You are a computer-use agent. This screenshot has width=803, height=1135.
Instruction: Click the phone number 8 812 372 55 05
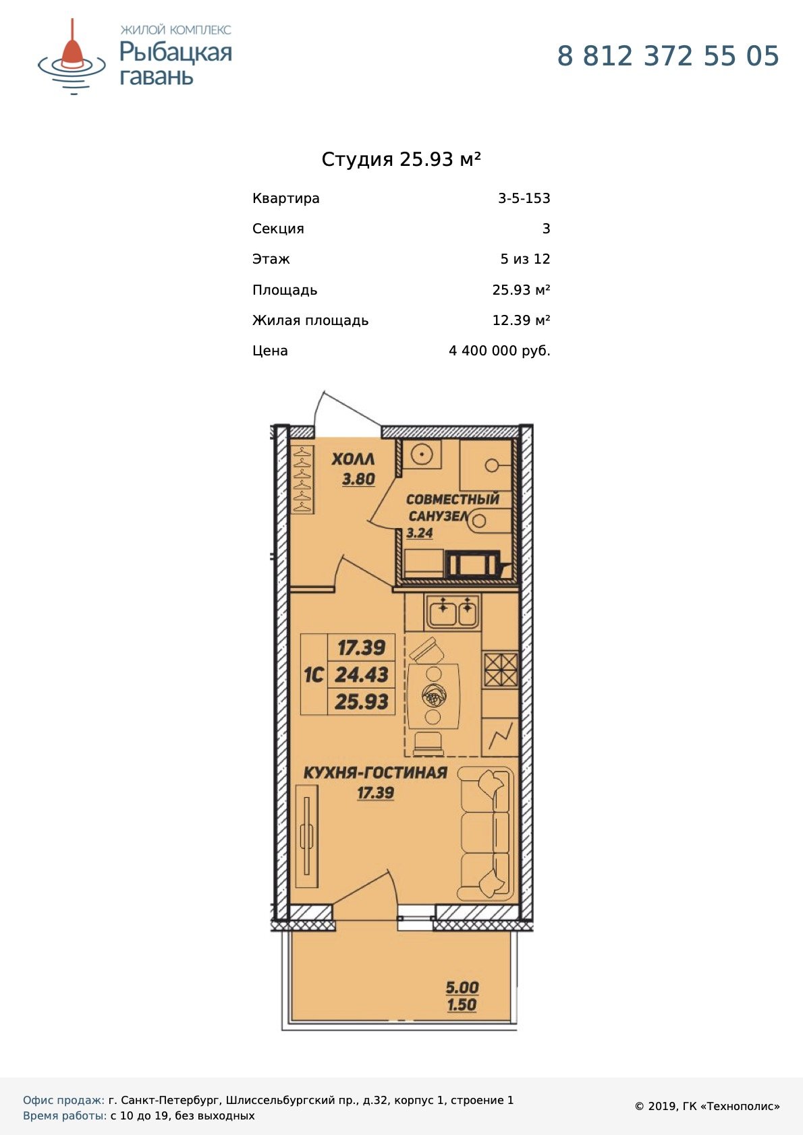tap(667, 56)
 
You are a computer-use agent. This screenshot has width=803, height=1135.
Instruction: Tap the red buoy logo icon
tap(72, 56)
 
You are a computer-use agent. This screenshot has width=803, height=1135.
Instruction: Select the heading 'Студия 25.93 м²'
tap(401, 159)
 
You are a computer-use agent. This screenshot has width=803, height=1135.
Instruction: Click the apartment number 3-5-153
tap(524, 198)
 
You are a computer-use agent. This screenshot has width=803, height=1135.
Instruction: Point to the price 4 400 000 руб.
tap(499, 351)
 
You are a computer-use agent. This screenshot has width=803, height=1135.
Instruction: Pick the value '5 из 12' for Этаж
tap(525, 259)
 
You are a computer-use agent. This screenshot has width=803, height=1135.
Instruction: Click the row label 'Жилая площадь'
tap(310, 320)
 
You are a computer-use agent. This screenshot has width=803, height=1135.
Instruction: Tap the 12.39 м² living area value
tap(522, 320)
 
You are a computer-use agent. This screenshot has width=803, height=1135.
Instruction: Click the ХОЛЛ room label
tap(354, 459)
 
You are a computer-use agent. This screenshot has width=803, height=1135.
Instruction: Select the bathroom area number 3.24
tap(419, 533)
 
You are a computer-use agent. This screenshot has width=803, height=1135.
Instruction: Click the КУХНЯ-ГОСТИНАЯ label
tap(375, 774)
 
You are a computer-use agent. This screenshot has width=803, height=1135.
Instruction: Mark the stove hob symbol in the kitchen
tap(500, 670)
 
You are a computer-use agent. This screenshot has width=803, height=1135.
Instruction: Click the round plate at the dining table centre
tap(434, 695)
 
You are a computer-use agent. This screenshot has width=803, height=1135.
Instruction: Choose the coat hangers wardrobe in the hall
tap(303, 479)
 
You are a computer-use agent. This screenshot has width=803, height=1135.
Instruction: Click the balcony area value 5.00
tap(462, 987)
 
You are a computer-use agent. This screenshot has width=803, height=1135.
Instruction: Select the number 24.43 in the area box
tap(362, 674)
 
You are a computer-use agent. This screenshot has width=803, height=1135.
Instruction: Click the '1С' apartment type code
tap(313, 674)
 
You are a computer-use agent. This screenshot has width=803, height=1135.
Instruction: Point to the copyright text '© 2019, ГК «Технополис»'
tap(707, 1107)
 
